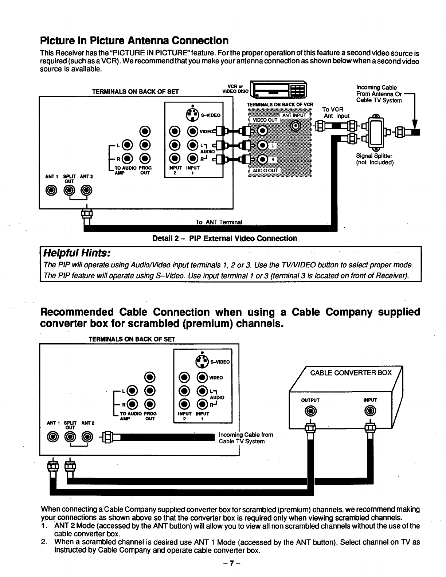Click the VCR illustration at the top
278,90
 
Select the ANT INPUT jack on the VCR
296,126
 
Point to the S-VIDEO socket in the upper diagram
192,115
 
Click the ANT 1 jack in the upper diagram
51,190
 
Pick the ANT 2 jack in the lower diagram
87,437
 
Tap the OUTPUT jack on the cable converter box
310,411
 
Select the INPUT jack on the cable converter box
370,411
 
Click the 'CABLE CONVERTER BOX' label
351,373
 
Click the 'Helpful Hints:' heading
77,253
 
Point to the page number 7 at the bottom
232,563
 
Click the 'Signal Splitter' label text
374,156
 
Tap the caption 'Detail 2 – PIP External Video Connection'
225,238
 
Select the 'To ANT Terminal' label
219,222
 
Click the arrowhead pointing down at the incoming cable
415,125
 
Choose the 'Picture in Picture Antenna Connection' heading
134,41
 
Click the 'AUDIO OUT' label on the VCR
265,170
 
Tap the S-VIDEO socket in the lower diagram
202,362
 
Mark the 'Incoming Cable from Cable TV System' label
246,438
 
